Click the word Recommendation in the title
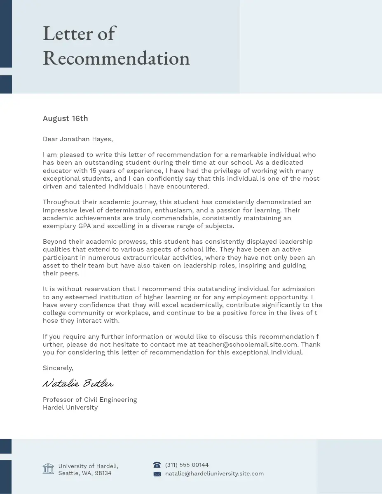[x=116, y=58]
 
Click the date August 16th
[x=65, y=119]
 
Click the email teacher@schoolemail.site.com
[x=247, y=345]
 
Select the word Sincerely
[x=58, y=368]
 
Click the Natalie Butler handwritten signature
[x=78, y=384]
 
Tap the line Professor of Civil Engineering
[x=89, y=400]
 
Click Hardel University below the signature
[x=70, y=408]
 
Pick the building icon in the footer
[x=48, y=468]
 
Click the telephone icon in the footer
[x=157, y=465]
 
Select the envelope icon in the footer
[x=157, y=474]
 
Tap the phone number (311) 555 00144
[x=187, y=465]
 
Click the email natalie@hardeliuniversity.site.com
[x=214, y=474]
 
